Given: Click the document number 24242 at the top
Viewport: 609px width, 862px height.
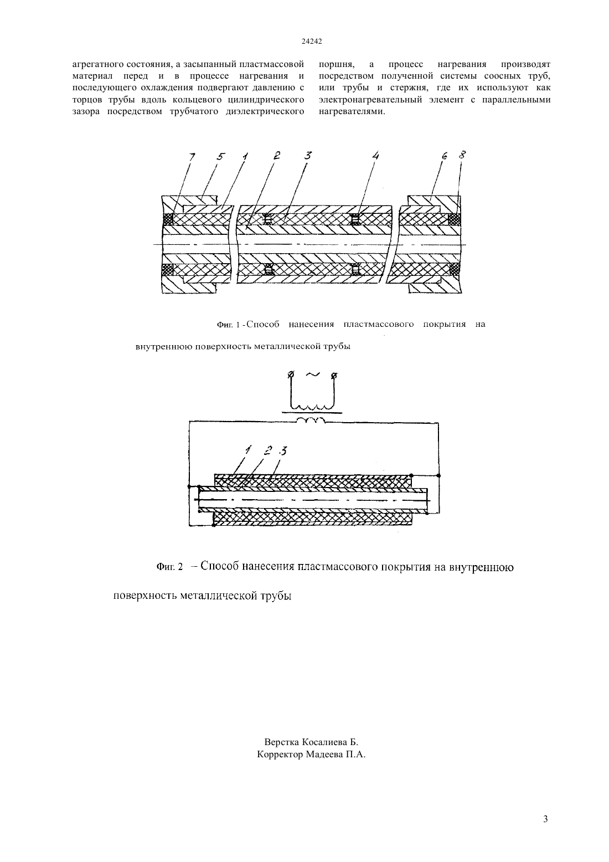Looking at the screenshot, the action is [311, 42].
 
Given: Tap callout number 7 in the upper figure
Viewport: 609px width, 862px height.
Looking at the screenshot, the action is [192, 157].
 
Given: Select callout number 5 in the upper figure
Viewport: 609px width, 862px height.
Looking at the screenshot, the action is [221, 157].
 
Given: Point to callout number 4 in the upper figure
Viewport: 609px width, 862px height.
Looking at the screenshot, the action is [375, 156].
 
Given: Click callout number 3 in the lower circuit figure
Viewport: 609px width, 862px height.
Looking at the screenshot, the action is [283, 450].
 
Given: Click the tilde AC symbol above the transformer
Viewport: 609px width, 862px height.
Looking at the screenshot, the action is [313, 375].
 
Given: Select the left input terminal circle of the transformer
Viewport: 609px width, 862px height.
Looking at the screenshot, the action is [291, 374].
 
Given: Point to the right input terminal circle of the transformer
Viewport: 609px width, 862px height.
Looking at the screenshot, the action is [334, 375].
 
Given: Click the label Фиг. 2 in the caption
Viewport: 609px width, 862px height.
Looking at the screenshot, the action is [169, 567].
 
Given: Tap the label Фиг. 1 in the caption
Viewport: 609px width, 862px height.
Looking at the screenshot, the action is [228, 325].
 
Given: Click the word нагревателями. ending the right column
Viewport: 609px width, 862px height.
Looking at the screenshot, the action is [352, 111].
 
